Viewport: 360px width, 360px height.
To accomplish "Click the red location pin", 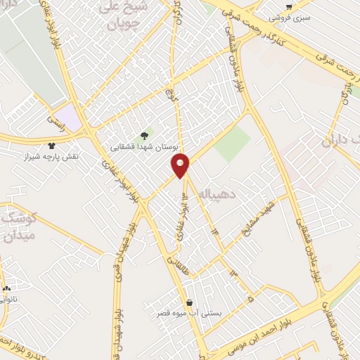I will [x=181, y=166].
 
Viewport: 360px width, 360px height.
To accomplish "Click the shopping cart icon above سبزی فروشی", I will [x=289, y=6].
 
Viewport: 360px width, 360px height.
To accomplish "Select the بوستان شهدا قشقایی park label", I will [x=145, y=146].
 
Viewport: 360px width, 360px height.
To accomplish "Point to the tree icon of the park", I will [x=145, y=136].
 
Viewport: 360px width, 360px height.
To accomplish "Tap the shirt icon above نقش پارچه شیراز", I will [x=51, y=145].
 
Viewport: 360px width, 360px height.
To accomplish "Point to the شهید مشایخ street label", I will [x=254, y=225].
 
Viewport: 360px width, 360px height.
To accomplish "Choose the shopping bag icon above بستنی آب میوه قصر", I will [x=189, y=303].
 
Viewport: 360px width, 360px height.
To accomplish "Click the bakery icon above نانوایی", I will [x=7, y=288].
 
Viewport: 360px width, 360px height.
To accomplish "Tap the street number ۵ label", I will [x=250, y=298].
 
